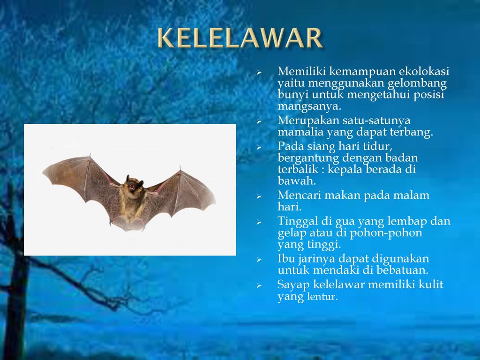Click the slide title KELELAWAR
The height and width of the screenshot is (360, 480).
click(240, 37)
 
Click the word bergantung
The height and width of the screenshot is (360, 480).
click(308, 158)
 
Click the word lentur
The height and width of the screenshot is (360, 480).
click(322, 297)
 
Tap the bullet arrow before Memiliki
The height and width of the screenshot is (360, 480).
click(259, 73)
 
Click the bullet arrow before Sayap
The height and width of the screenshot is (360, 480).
click(259, 286)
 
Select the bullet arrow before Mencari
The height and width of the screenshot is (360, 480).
click(259, 196)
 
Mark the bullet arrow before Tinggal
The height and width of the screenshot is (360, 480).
click(259, 222)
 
